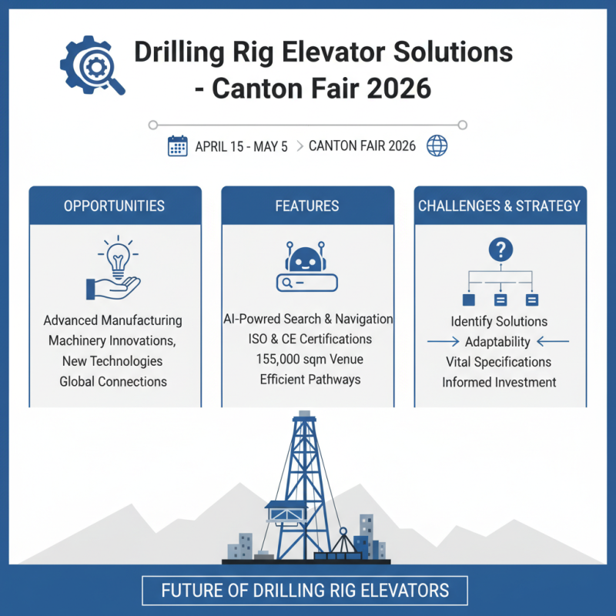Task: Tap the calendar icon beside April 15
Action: (x=178, y=146)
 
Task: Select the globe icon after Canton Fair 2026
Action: (x=437, y=146)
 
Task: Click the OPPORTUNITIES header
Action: (x=115, y=206)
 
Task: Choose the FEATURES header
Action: (x=307, y=206)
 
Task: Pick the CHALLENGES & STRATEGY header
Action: (x=500, y=206)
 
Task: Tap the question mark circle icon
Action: (x=500, y=249)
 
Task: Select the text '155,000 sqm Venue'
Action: (x=307, y=360)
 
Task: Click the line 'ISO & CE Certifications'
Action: (x=307, y=340)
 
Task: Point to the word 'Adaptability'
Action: (x=498, y=342)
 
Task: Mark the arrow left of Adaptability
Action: (x=443, y=341)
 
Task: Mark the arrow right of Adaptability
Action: (x=552, y=341)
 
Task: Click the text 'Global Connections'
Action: (x=113, y=381)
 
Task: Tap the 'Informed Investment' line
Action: (x=499, y=382)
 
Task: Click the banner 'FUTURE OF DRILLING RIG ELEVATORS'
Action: (x=305, y=591)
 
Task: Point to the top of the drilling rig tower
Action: (x=305, y=417)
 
